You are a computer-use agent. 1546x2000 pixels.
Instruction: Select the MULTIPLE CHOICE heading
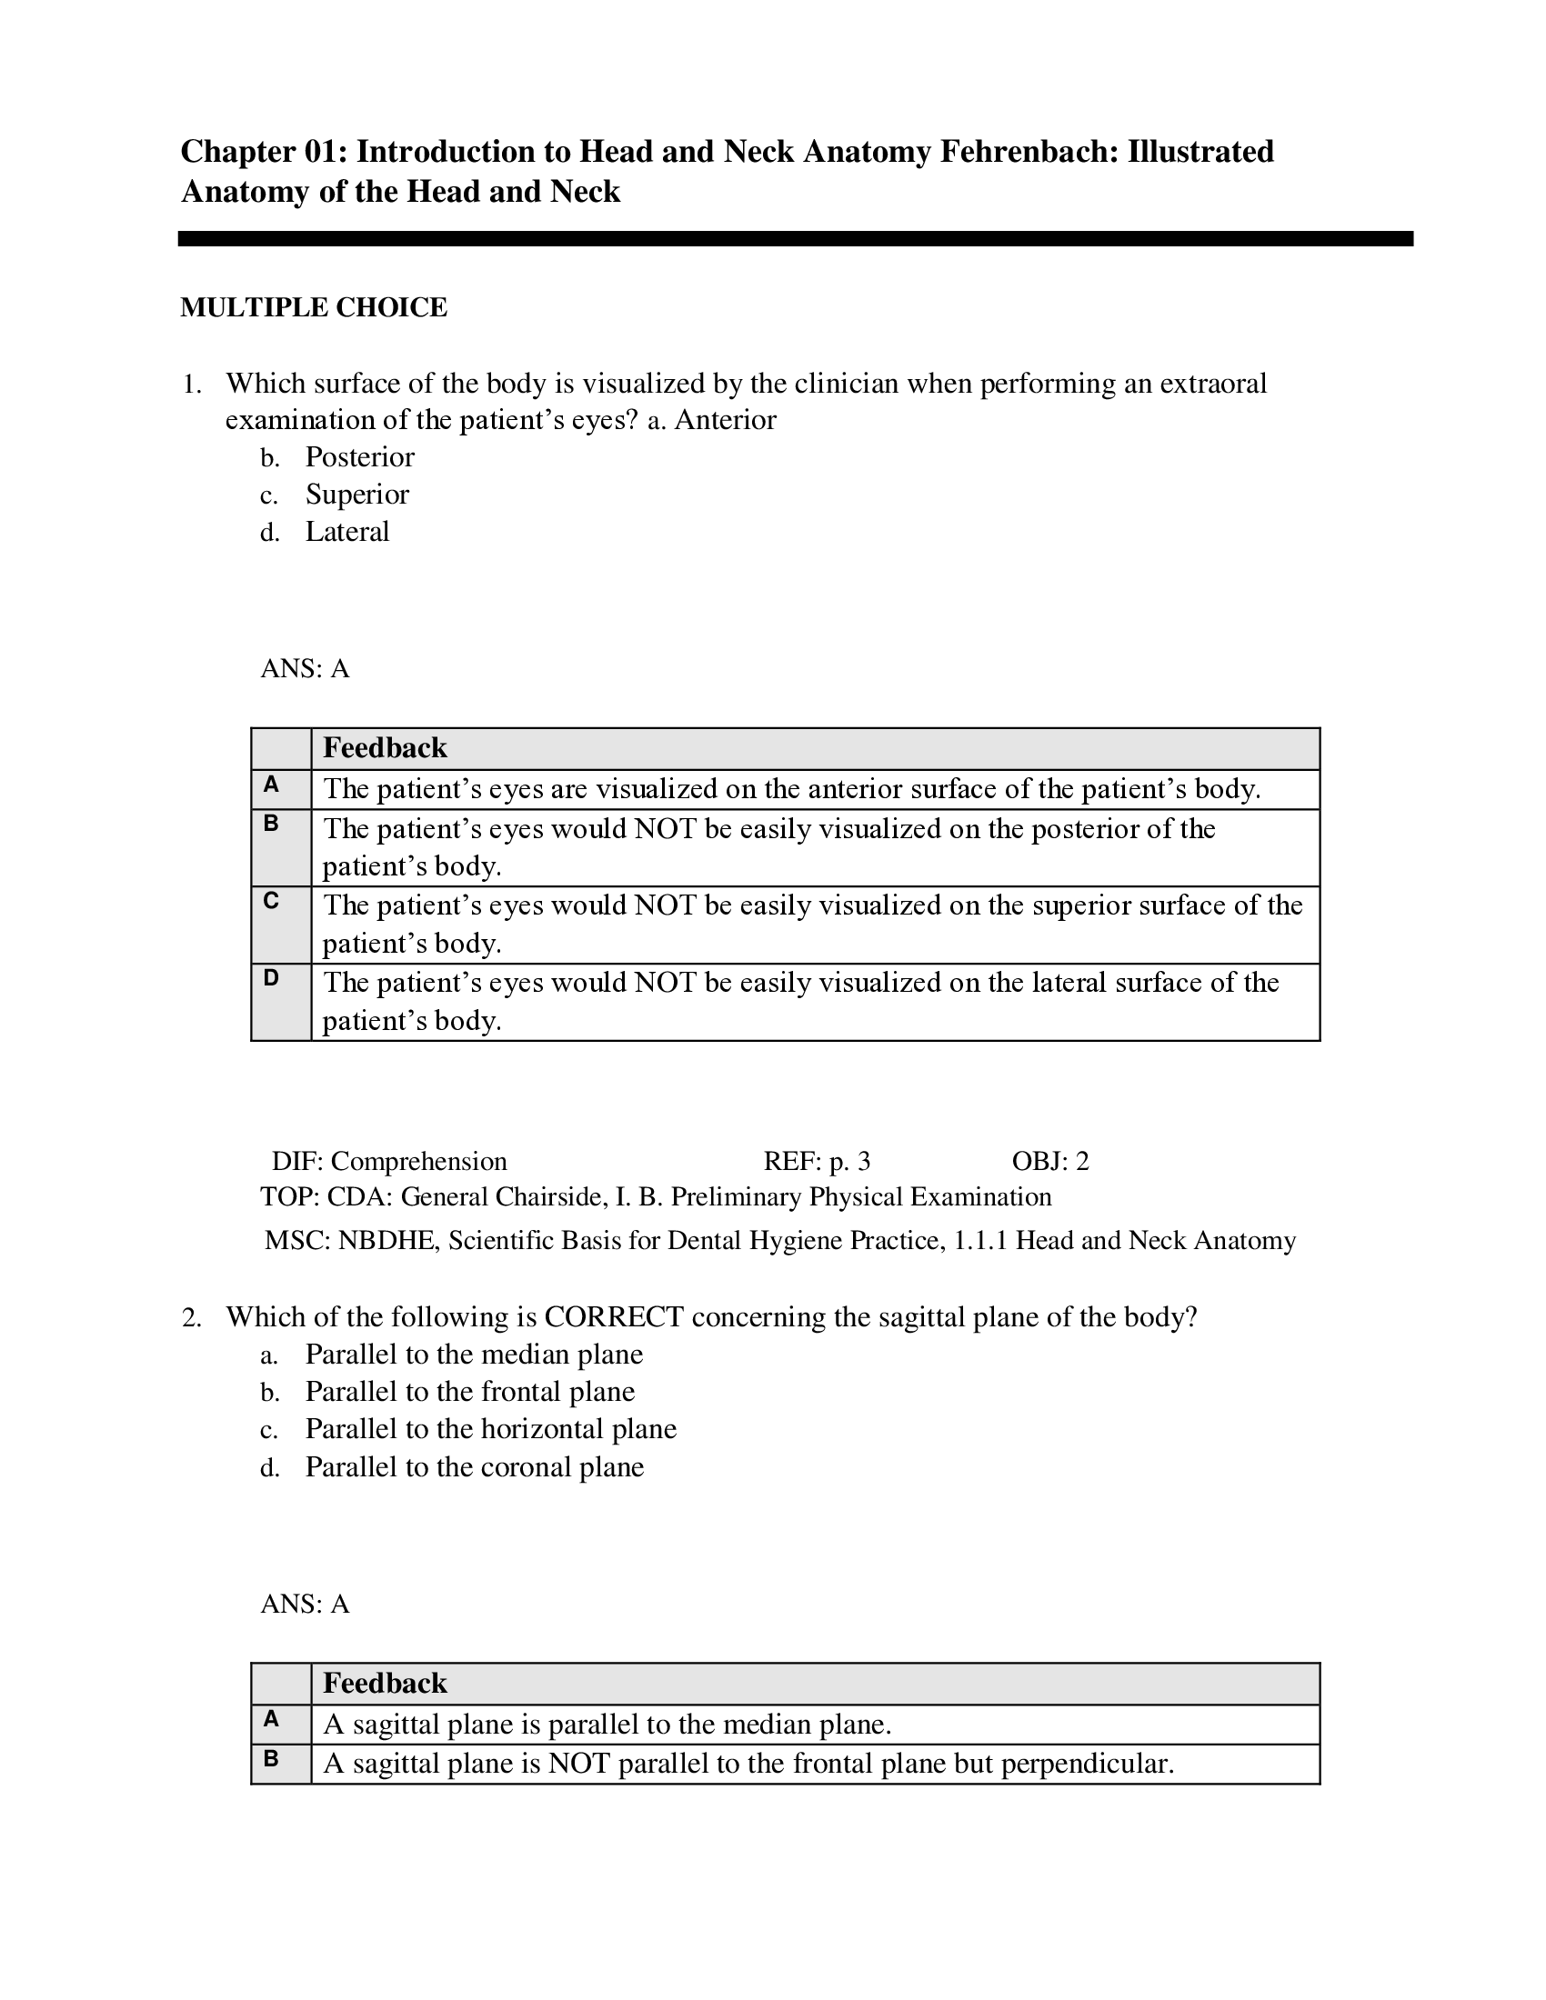tap(313, 307)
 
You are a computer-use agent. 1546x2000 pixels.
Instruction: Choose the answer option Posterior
tap(359, 457)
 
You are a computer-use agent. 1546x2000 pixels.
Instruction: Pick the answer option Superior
tap(356, 495)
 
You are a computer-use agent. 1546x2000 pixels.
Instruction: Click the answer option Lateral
tap(347, 532)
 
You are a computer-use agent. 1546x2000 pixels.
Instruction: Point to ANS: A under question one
tap(305, 669)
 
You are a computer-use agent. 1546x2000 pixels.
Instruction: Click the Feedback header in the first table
tap(385, 748)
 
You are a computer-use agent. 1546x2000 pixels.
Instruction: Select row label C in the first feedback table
tap(271, 901)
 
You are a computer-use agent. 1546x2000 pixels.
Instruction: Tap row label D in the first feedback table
tap(271, 978)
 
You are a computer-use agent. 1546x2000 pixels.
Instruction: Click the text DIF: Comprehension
tap(389, 1161)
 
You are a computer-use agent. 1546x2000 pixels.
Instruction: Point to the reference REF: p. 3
tap(816, 1161)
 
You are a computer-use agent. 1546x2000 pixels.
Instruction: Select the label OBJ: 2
tap(1049, 1161)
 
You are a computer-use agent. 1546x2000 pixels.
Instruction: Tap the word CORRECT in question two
tap(613, 1317)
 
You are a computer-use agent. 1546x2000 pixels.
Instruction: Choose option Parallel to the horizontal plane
tap(490, 1429)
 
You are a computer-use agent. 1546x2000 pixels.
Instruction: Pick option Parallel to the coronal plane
tap(474, 1467)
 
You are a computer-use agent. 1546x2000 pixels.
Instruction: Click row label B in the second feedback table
tap(271, 1758)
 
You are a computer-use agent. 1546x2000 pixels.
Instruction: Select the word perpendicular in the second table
tap(1084, 1764)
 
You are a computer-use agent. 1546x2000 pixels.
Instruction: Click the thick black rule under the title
tap(795, 239)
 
